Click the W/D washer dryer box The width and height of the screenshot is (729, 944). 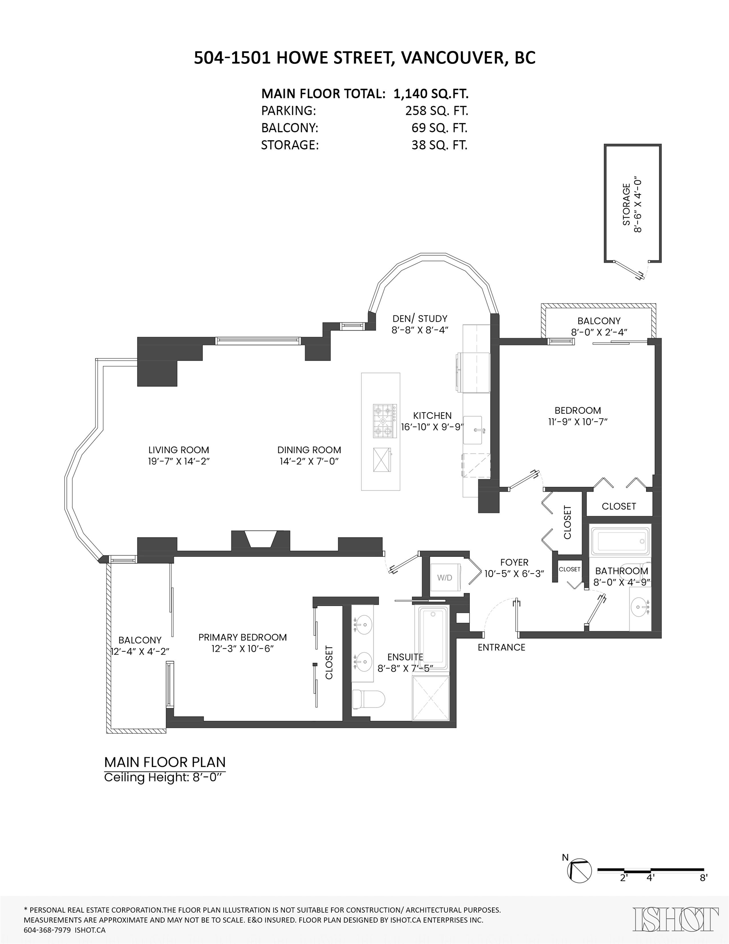pos(445,577)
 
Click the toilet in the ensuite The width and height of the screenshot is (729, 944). pos(369,699)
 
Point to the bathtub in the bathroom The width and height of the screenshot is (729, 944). pos(620,541)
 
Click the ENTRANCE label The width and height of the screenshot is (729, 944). pos(501,647)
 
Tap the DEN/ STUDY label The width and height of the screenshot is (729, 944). pos(420,318)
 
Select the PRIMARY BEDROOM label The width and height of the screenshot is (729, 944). pos(242,637)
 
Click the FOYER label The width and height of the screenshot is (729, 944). pos(514,562)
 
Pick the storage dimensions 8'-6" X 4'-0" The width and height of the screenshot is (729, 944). pos(638,204)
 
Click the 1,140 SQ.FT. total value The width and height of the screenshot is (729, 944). pos(431,93)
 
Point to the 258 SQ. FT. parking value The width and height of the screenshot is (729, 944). pos(437,111)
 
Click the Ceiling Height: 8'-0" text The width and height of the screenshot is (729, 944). pos(164,777)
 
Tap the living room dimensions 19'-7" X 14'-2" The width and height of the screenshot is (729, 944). pos(179,461)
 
